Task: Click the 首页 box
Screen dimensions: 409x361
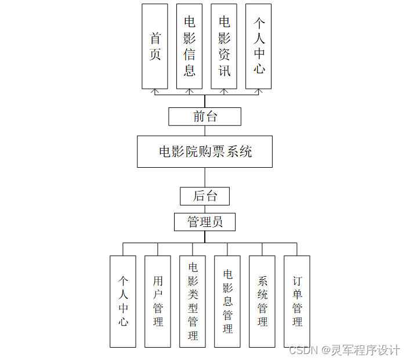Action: click(x=155, y=46)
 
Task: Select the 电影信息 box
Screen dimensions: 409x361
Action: click(x=189, y=46)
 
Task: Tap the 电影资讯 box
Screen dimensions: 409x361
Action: click(x=224, y=46)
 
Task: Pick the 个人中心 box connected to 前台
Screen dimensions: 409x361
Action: click(x=259, y=46)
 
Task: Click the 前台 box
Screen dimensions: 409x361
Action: click(x=205, y=117)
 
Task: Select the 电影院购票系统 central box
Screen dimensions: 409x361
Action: click(x=205, y=151)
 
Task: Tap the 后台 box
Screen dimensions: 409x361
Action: click(x=205, y=196)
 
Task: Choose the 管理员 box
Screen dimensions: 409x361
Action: click(x=205, y=222)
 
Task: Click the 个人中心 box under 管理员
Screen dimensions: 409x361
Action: click(x=123, y=301)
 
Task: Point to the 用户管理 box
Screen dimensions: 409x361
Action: click(x=158, y=301)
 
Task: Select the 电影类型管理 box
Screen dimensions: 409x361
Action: click(x=193, y=301)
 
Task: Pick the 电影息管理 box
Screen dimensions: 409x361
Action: click(x=227, y=301)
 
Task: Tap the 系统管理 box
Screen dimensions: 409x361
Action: click(x=262, y=301)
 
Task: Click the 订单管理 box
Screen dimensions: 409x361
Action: click(x=297, y=301)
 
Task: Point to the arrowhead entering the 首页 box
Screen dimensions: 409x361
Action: click(x=155, y=91)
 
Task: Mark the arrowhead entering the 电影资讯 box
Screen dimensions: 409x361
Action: click(x=224, y=91)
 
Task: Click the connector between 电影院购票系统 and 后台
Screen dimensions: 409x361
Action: click(x=205, y=178)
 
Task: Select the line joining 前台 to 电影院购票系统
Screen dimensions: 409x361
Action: click(x=205, y=131)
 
